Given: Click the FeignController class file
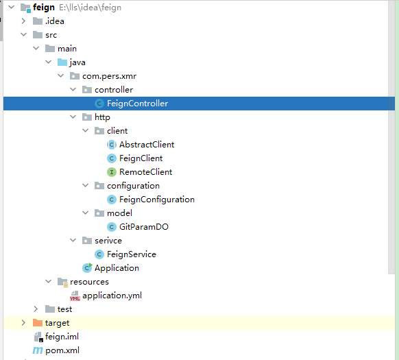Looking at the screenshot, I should (x=137, y=104).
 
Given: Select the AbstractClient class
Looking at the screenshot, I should (x=146, y=145).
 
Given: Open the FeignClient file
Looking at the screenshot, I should (x=141, y=158).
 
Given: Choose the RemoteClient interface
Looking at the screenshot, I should (x=145, y=172).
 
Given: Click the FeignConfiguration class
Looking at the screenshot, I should (x=156, y=200).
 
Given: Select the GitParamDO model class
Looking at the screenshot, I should (x=143, y=227).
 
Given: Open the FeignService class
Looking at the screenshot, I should (x=131, y=254).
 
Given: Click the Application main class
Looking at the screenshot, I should (x=117, y=268).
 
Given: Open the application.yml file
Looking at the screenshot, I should (x=112, y=296).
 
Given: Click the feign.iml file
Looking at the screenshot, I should (x=62, y=337).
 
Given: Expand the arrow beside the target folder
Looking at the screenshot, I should (x=23, y=323).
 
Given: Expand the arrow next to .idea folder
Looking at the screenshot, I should (x=23, y=21).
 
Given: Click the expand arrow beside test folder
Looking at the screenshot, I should (x=36, y=309).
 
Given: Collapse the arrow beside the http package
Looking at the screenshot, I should (x=73, y=117).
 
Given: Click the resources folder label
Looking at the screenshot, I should (x=88, y=282).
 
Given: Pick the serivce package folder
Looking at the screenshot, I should (x=114, y=241).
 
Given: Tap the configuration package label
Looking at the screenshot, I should (x=133, y=186).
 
